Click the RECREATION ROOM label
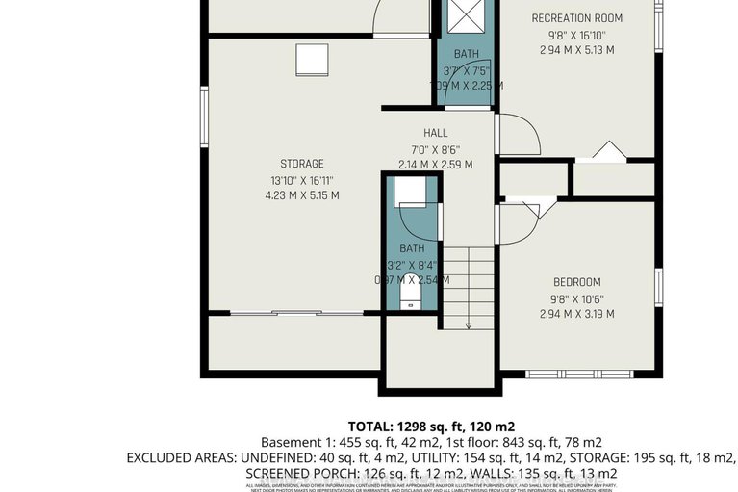click(576, 18)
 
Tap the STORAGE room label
click(302, 164)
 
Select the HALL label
click(435, 133)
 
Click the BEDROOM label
click(576, 282)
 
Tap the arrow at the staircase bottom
click(469, 325)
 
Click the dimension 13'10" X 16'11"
click(302, 179)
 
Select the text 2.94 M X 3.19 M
click(576, 314)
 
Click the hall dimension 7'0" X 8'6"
click(435, 149)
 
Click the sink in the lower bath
click(411, 194)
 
